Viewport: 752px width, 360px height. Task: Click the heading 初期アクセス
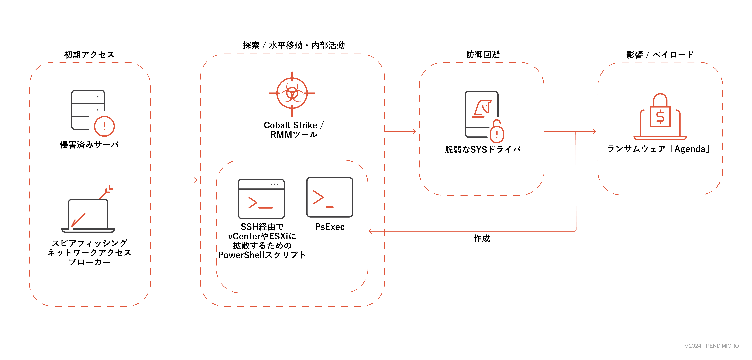click(x=89, y=55)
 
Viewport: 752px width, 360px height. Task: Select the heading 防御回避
click(x=483, y=54)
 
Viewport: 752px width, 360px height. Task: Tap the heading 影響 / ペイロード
click(x=660, y=55)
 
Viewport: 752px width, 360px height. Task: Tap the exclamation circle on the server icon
click(x=104, y=126)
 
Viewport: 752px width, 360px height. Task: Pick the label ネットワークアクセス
click(x=89, y=253)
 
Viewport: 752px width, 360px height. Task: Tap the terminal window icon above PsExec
click(x=330, y=197)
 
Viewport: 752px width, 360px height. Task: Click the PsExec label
click(x=330, y=227)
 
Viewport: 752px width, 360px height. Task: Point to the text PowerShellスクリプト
click(x=262, y=255)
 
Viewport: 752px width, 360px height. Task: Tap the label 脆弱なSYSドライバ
click(x=483, y=150)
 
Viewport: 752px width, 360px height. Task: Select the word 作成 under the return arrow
click(x=482, y=239)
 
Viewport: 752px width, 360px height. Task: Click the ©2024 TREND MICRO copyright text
click(x=711, y=346)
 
